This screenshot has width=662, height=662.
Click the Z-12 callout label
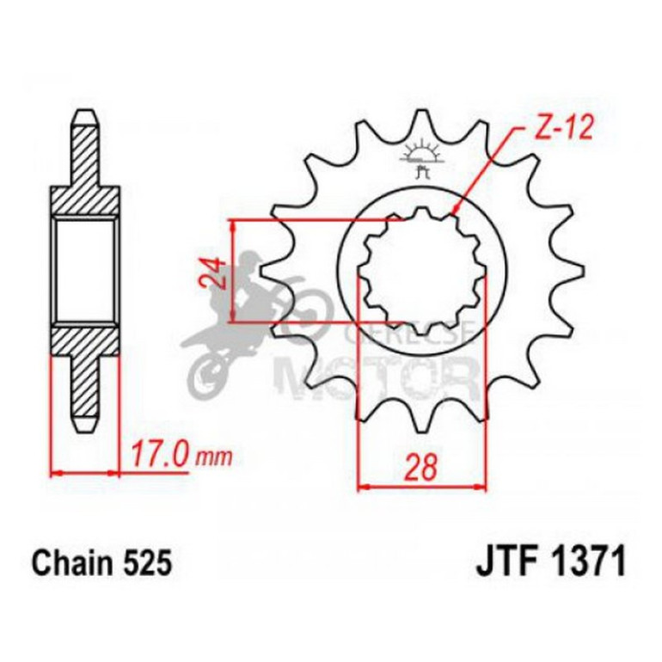[x=554, y=130]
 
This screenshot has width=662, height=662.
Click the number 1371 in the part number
[x=586, y=563]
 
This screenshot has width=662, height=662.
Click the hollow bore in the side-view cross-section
[x=84, y=271]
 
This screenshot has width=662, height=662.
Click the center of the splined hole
[x=421, y=271]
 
